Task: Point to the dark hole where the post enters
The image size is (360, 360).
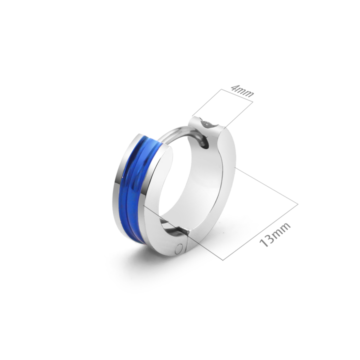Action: point(205,143)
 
